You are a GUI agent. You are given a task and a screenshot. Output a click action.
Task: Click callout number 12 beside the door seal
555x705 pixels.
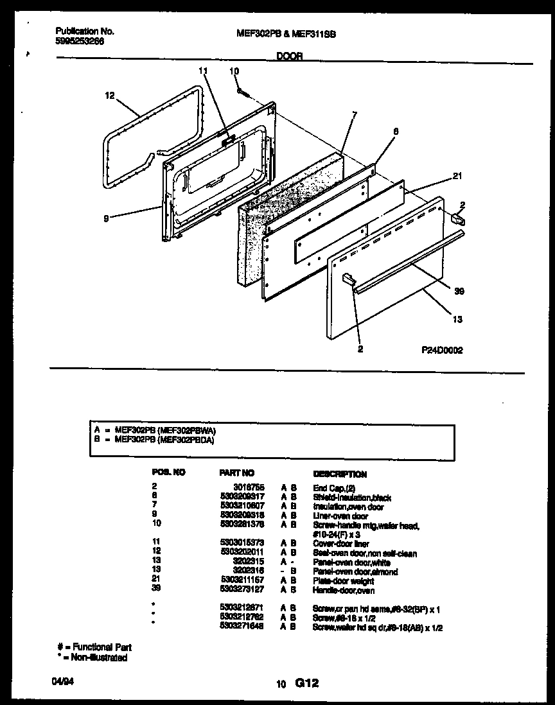coord(109,96)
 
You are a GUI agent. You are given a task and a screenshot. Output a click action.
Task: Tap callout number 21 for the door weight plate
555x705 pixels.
coord(457,176)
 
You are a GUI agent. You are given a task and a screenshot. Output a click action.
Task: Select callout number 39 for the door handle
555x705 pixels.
coord(459,291)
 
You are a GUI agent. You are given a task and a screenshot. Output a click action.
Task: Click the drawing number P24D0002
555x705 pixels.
coord(442,351)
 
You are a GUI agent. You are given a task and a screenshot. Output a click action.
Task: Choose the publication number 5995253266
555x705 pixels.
coord(80,40)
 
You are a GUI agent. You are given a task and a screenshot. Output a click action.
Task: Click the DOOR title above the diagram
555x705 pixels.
coord(290,56)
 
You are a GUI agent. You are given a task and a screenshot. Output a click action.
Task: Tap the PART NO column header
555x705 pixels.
coord(237,473)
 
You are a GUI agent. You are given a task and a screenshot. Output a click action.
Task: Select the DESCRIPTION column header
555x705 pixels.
coord(339,474)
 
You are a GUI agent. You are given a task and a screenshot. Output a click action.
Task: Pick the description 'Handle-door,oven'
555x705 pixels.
coord(344,591)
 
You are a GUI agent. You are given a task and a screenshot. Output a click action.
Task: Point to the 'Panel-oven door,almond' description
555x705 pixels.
coord(355,571)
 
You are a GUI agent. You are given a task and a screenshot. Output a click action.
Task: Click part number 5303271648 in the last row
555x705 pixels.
coord(242,627)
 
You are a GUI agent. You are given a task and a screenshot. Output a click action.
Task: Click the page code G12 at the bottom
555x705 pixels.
coord(306,684)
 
